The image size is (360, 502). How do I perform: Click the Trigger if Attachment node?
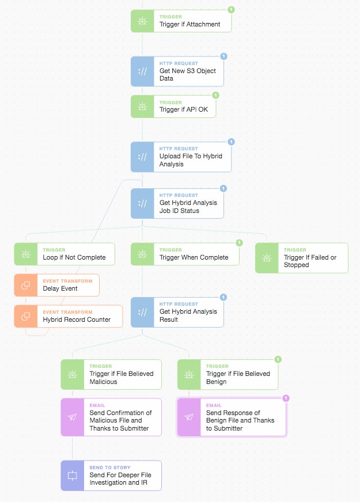click(181, 21)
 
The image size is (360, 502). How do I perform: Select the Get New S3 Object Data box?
click(177, 71)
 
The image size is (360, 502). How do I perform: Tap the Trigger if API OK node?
click(173, 107)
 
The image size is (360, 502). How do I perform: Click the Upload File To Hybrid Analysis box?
click(181, 157)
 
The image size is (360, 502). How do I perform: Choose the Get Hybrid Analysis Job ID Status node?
click(177, 203)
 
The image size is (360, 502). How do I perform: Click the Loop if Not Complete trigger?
click(65, 254)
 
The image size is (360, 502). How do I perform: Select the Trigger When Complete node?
click(185, 254)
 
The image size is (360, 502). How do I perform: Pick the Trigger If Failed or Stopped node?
click(301, 258)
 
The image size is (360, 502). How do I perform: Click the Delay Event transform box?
click(57, 286)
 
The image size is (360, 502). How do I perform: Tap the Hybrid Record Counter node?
click(69, 317)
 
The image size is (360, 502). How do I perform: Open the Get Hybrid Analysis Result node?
click(177, 312)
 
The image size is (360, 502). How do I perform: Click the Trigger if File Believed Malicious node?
click(111, 374)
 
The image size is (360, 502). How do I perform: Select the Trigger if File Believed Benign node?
click(228, 374)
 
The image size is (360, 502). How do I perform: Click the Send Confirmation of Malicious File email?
click(111, 417)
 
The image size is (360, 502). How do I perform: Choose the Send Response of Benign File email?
click(231, 417)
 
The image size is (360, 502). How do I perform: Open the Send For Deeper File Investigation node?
click(111, 476)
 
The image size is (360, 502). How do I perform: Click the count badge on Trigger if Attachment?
click(231, 10)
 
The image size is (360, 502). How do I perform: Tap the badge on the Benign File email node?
click(286, 398)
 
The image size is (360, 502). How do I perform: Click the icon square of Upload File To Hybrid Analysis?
click(142, 157)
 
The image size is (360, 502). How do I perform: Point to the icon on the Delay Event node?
click(25, 286)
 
